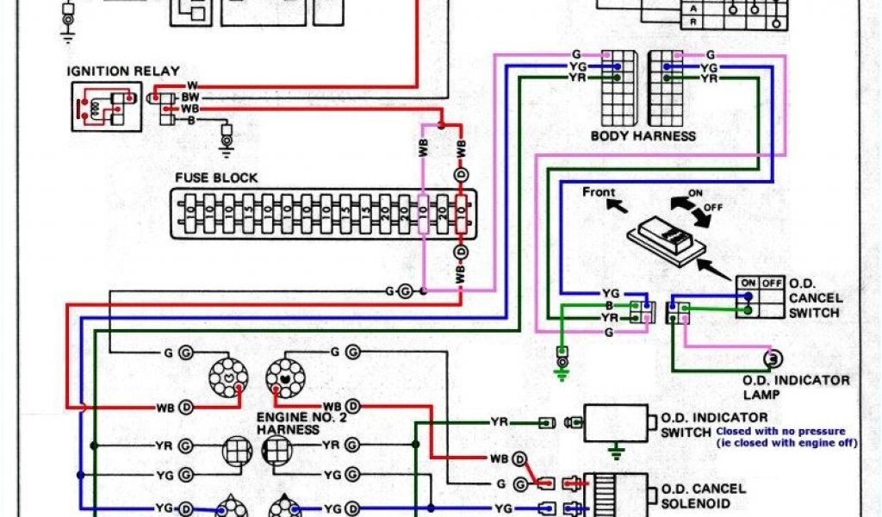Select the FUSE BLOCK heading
216,178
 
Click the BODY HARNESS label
643,136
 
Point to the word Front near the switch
599,191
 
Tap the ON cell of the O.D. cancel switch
748,283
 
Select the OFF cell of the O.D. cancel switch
771,283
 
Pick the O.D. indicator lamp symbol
773,357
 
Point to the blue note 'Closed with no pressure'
780,431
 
